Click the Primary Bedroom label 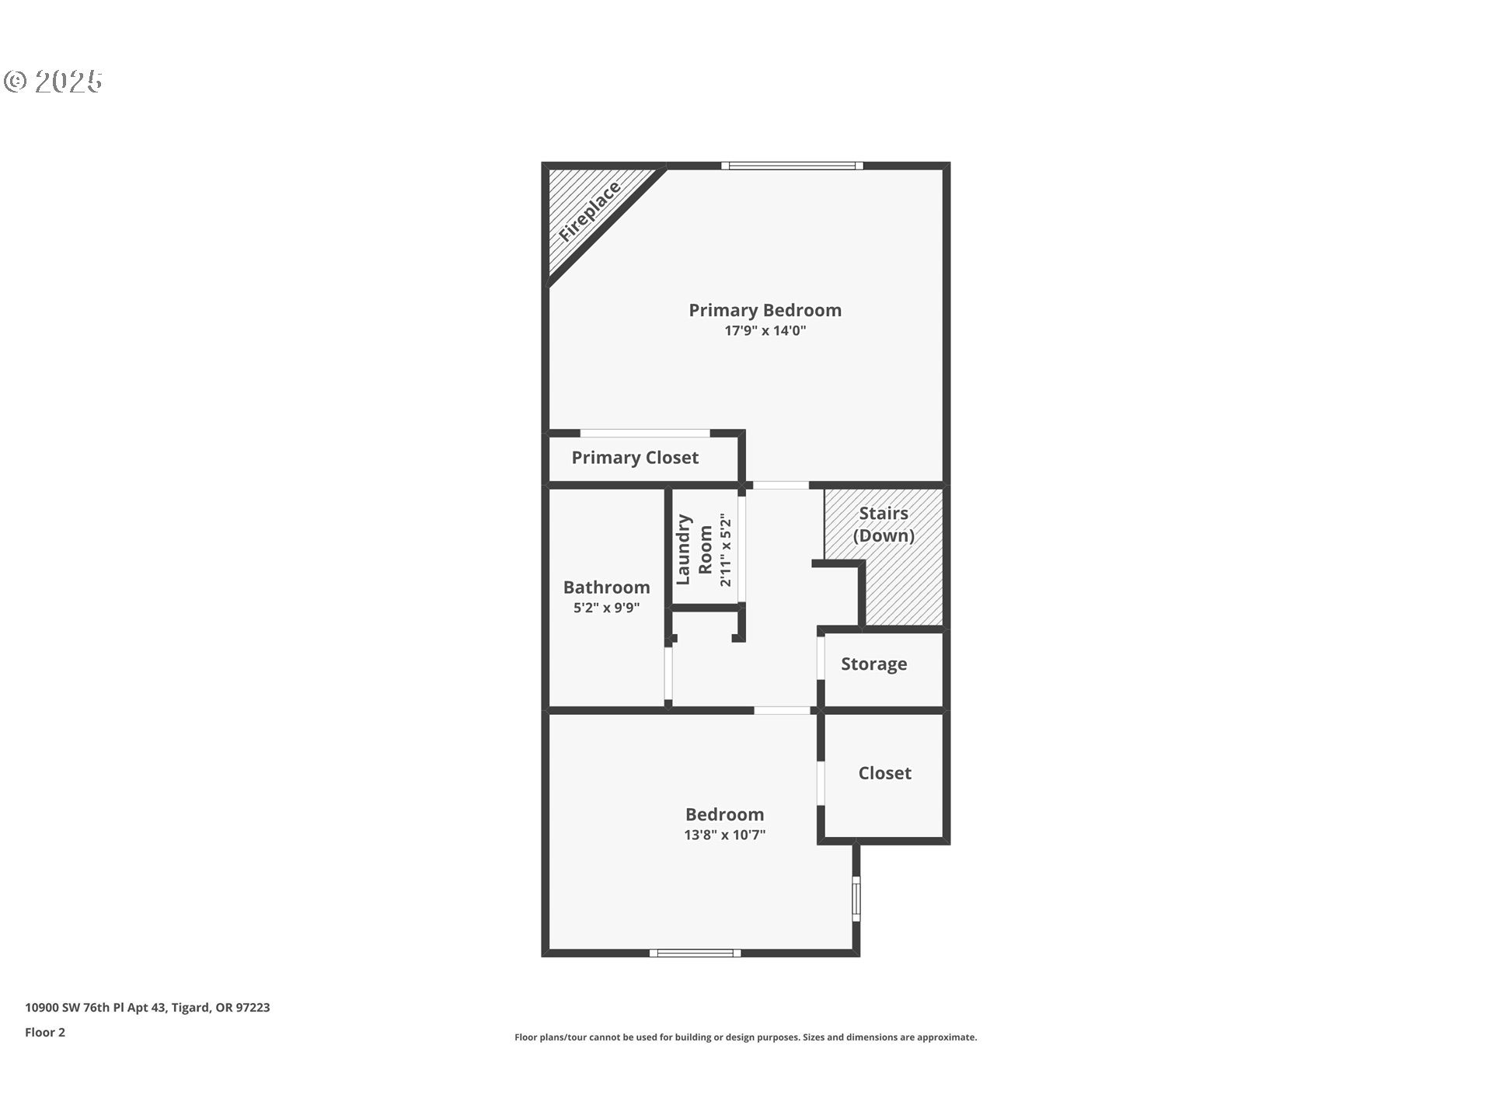tap(765, 310)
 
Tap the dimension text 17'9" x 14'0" tap(765, 331)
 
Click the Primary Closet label tap(635, 458)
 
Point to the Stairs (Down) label tap(884, 525)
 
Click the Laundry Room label tap(694, 549)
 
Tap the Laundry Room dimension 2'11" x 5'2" tap(726, 549)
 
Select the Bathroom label tap(606, 587)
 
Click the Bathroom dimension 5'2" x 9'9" tap(606, 608)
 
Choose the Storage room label tap(873, 664)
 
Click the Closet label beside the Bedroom tap(884, 773)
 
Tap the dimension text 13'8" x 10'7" tap(724, 835)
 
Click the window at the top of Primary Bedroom tap(792, 166)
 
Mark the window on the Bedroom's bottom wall tap(695, 953)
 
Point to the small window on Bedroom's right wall tap(856, 899)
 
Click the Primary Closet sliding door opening tap(645, 433)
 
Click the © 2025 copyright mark tap(53, 82)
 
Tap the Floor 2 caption tap(45, 1033)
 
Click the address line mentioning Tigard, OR tap(148, 1008)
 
